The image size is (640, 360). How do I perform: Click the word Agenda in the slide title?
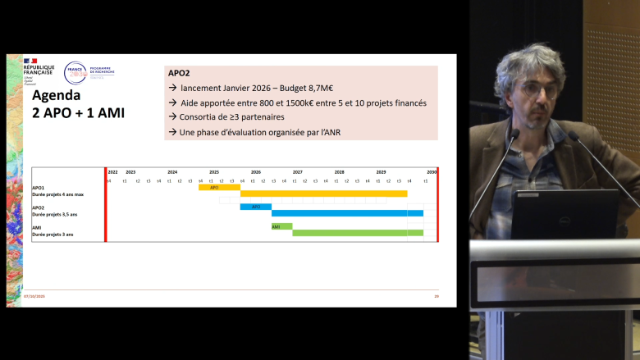pyautogui.click(x=59, y=95)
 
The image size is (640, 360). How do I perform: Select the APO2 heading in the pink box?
pyautogui.click(x=179, y=73)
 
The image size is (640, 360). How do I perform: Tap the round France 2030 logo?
pyautogui.click(x=75, y=73)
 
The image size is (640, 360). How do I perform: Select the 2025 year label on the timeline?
pyautogui.click(x=213, y=172)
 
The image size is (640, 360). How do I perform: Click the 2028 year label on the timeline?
pyautogui.click(x=339, y=172)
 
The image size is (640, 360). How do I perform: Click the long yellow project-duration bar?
pyautogui.click(x=323, y=194)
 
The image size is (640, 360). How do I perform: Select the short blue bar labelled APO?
pyautogui.click(x=255, y=207)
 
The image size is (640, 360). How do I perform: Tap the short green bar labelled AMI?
pyautogui.click(x=281, y=226)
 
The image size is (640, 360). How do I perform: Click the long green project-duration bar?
pyautogui.click(x=357, y=233)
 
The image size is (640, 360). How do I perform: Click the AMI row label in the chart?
pyautogui.click(x=37, y=227)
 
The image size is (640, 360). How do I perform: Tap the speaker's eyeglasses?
pyautogui.click(x=534, y=88)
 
